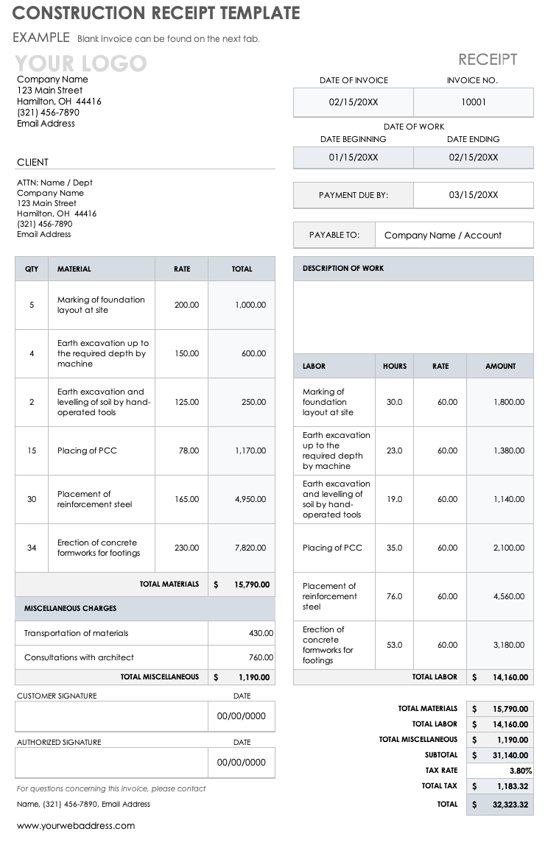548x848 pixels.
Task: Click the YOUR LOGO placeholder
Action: [x=81, y=63]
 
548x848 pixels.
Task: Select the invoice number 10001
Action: [x=474, y=102]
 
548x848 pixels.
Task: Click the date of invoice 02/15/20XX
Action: [x=354, y=102]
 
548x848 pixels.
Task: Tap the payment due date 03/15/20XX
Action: [x=474, y=195]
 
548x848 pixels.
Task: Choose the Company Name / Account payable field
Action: [x=443, y=236]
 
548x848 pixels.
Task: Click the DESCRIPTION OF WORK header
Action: [x=343, y=269]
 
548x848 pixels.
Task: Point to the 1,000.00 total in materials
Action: [x=250, y=305]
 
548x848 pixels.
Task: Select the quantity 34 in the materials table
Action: [x=32, y=548]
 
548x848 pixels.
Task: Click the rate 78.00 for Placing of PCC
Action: [x=189, y=451]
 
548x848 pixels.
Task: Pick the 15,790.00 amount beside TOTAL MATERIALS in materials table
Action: [x=252, y=584]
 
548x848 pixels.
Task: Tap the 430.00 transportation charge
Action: [x=261, y=633]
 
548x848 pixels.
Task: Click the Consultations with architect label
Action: [x=79, y=657]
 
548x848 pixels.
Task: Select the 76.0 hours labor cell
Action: [x=394, y=596]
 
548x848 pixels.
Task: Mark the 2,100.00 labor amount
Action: [x=509, y=548]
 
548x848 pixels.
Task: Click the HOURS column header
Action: [x=395, y=366]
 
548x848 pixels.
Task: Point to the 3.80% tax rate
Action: [x=520, y=771]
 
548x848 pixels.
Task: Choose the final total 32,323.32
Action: [x=510, y=805]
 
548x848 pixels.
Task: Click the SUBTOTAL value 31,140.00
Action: [x=510, y=755]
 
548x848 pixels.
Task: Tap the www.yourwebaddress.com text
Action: [x=76, y=826]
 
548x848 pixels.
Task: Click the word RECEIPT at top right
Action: [x=488, y=60]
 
